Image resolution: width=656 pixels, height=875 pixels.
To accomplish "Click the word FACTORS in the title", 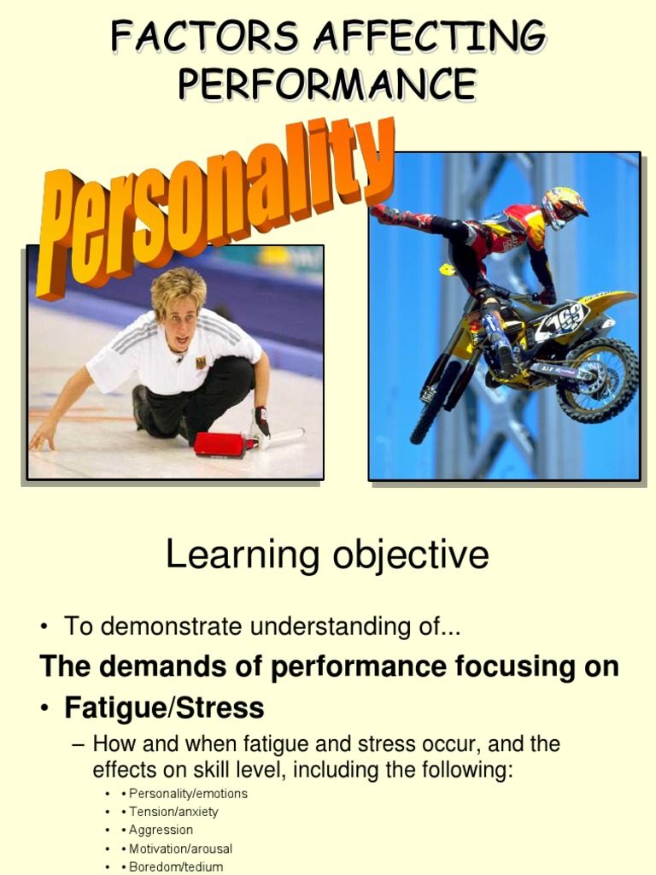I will tap(204, 38).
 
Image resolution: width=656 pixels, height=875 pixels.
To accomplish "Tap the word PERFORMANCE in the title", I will tap(327, 84).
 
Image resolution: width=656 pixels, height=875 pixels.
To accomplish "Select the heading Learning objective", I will tap(327, 555).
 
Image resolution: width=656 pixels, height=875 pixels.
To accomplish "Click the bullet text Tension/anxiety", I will tap(173, 812).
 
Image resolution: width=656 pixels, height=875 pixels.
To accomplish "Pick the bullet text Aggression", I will tap(161, 830).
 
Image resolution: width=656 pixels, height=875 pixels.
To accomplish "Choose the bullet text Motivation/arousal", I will tap(180, 849).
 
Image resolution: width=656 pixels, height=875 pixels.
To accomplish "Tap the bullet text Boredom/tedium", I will tap(176, 866).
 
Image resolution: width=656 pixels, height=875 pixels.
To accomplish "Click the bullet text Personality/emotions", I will tap(188, 794).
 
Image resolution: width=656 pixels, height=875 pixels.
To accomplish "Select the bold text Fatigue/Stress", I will tap(165, 708).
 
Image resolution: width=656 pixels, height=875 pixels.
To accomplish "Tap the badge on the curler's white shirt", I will tap(201, 362).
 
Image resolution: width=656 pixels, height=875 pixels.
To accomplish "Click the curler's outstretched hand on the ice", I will tap(40, 440).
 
